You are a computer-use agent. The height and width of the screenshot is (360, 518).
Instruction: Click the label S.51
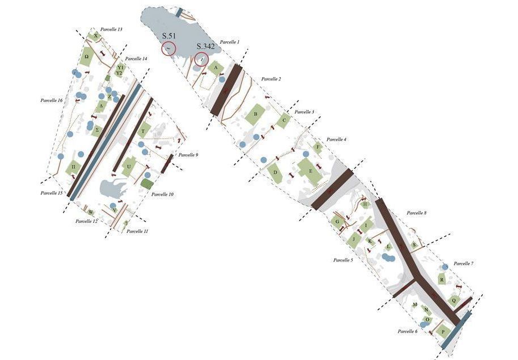(169, 36)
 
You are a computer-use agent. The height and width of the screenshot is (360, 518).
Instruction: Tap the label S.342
(205, 46)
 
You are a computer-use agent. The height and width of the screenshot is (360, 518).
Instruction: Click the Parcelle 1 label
(230, 42)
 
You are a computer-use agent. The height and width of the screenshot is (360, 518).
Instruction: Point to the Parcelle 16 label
(52, 100)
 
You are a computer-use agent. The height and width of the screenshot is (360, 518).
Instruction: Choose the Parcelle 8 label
(417, 213)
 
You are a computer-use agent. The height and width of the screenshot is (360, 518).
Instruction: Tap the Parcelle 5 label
(343, 260)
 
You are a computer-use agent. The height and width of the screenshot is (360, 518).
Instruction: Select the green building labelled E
(310, 171)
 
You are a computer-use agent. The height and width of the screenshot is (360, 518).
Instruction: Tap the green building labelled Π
(74, 168)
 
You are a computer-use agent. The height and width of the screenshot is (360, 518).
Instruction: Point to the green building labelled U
(129, 167)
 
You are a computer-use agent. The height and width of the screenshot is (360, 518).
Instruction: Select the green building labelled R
(441, 280)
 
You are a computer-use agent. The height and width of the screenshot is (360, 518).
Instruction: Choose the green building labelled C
(284, 120)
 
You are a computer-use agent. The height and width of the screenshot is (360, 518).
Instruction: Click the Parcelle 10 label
(163, 194)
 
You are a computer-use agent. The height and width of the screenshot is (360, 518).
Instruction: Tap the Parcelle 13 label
(111, 29)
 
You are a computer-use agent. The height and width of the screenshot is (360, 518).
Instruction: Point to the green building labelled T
(144, 130)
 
